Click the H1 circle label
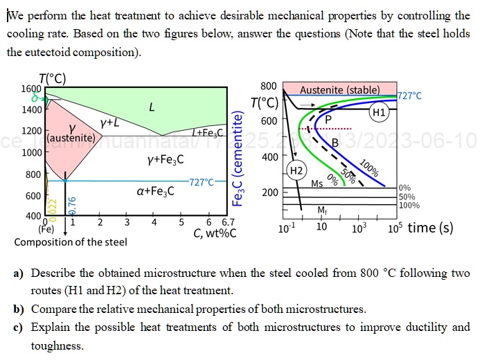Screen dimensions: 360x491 click(379, 112)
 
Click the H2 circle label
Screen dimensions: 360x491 click(296, 170)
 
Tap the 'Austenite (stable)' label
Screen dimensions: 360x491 click(339, 90)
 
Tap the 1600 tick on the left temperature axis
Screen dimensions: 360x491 click(31, 89)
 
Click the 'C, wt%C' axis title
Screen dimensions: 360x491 click(215, 233)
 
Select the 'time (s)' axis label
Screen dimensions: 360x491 click(431, 228)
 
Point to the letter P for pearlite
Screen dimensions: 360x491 click(328, 119)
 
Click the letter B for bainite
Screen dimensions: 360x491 click(334, 143)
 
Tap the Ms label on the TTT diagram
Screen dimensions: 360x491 click(317, 183)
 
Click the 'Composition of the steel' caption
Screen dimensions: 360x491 click(71, 242)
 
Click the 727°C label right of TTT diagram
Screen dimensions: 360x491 click(409, 96)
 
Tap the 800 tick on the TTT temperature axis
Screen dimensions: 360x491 click(269, 86)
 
